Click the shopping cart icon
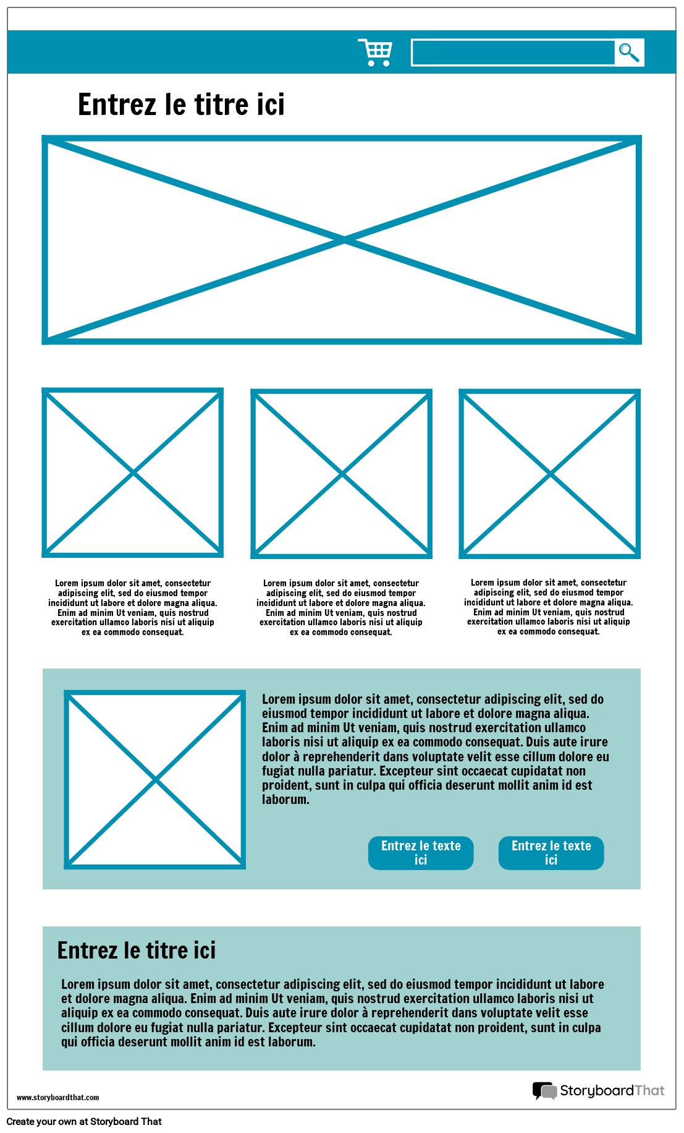[x=375, y=53]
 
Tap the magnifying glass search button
[x=629, y=53]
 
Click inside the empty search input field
[x=513, y=53]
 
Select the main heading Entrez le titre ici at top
[x=181, y=105]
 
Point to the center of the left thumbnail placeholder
[x=133, y=473]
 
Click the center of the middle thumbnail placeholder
[x=342, y=474]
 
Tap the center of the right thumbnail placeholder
[x=550, y=474]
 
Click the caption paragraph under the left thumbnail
[x=133, y=607]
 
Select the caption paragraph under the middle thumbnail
[x=341, y=607]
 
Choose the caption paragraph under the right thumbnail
[x=549, y=607]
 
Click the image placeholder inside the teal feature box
[x=155, y=780]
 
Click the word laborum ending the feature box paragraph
[x=285, y=800]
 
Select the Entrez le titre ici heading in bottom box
[x=137, y=951]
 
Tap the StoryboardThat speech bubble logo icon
[x=544, y=1091]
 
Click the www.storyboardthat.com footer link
[x=57, y=1098]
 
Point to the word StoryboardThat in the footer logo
[x=612, y=1090]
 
